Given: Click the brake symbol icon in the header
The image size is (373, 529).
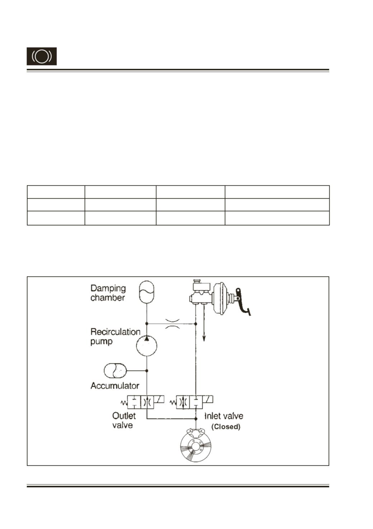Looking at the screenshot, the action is [x=42, y=56].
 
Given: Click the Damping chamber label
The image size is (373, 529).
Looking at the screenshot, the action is [x=108, y=293].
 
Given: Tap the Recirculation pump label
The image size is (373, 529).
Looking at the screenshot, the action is [x=115, y=337].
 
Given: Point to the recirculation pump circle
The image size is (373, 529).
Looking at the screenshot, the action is [x=146, y=345].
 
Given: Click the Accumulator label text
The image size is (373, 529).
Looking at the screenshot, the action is [x=115, y=386].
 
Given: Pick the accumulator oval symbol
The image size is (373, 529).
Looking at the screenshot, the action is [x=115, y=371].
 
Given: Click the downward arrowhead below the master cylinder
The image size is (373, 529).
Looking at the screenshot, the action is [x=204, y=339].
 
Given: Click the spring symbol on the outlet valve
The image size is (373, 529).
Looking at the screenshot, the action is [x=124, y=403].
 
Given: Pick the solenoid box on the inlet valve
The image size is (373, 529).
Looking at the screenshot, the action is [x=208, y=399].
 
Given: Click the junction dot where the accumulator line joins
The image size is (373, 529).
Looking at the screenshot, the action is [x=147, y=371].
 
